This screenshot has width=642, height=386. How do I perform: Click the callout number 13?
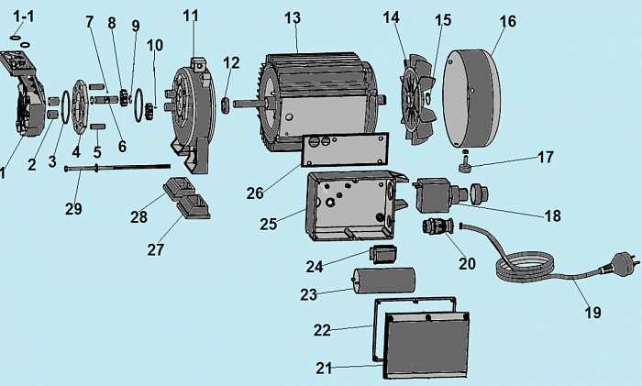[x=292, y=18]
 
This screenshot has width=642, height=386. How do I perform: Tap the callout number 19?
[x=592, y=313]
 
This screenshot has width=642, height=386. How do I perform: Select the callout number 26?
[x=254, y=193]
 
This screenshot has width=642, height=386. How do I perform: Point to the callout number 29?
[x=73, y=208]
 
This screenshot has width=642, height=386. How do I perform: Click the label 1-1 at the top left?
[x=20, y=16]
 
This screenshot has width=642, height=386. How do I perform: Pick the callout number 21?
[x=323, y=368]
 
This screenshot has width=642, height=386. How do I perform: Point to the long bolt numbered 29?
[x=119, y=169]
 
